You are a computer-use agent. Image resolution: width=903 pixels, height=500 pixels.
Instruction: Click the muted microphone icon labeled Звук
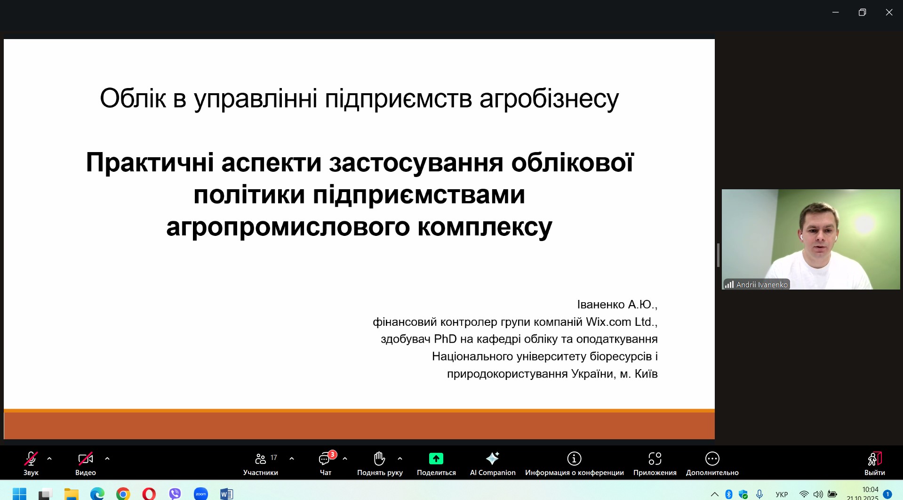tap(31, 459)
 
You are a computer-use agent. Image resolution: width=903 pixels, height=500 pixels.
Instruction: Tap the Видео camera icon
tap(86, 459)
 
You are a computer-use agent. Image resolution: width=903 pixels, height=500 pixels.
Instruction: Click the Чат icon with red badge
tap(325, 459)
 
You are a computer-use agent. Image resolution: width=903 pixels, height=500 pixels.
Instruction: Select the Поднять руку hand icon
tap(379, 458)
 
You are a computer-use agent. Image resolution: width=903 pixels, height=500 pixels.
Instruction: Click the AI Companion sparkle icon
tap(493, 458)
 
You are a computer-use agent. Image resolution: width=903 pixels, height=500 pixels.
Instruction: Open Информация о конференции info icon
tap(574, 459)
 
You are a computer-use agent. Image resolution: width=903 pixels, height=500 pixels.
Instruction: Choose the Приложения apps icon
tap(655, 459)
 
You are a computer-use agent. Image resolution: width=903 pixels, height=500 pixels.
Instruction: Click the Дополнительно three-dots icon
tap(712, 459)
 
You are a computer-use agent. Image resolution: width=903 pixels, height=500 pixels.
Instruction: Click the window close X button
tap(889, 12)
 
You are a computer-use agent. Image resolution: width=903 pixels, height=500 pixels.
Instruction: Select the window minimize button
tap(836, 12)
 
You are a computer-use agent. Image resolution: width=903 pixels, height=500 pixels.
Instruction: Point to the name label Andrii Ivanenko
tap(762, 284)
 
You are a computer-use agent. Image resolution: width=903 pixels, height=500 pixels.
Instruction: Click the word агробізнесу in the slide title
tap(549, 99)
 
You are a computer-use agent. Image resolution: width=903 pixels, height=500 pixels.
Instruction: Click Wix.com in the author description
tap(608, 322)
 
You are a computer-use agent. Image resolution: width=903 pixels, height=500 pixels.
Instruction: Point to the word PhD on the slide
tap(445, 339)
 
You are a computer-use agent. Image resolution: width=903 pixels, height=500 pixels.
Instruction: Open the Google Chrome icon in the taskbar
tap(123, 493)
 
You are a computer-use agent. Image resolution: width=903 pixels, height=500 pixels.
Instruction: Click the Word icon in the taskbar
tap(227, 493)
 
